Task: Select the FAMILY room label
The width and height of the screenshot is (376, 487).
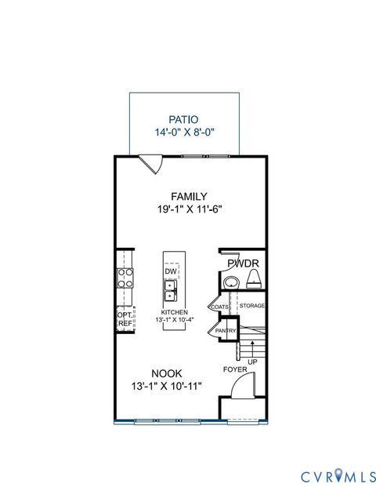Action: pos(189,196)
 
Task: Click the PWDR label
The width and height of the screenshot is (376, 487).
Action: pos(244,263)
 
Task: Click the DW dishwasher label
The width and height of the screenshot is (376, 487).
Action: pos(170,271)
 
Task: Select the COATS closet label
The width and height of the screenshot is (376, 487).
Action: pos(219,306)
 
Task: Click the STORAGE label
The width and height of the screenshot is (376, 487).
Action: pos(252,305)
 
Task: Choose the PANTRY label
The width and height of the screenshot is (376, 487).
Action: pos(226,331)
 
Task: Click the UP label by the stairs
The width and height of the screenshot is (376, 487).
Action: pos(252,362)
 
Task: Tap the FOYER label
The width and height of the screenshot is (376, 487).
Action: pos(235,369)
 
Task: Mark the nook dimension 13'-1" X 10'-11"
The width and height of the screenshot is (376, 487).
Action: pos(168,387)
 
